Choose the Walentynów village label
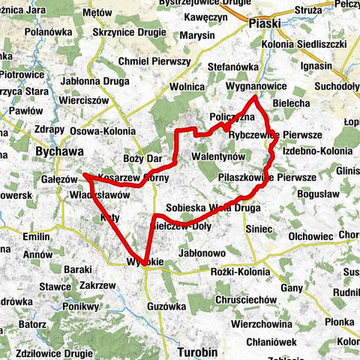(x=219, y=155)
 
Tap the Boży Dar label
(x=142, y=159)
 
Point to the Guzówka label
(x=167, y=306)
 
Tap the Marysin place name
(x=197, y=35)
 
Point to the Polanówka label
(x=47, y=33)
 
